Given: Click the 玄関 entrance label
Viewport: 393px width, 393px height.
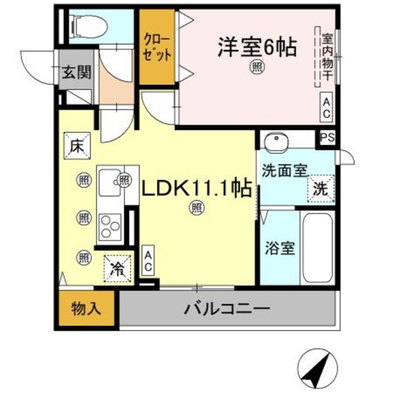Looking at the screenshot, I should pos(77,72).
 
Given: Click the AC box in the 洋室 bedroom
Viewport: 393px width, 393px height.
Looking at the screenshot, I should pos(326,107).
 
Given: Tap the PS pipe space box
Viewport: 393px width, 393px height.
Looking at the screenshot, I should pos(327,138).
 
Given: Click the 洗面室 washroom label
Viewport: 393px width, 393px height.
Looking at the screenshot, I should pos(284,170).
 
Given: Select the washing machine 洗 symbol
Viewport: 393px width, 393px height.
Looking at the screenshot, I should pos(321,189).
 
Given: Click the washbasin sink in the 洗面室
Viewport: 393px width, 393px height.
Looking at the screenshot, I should pos(278,140).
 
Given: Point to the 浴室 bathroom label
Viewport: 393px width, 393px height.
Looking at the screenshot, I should pos(280,249).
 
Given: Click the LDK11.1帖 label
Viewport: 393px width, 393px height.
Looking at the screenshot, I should pos(197,189).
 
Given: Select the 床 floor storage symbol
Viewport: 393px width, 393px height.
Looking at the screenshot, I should pos(76,146).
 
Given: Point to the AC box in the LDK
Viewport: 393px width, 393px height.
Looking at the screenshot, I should pos(148,261).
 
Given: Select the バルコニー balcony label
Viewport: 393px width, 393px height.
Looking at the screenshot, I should pos(227,308).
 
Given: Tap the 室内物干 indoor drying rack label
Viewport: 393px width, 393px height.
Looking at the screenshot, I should pos(327,56).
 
